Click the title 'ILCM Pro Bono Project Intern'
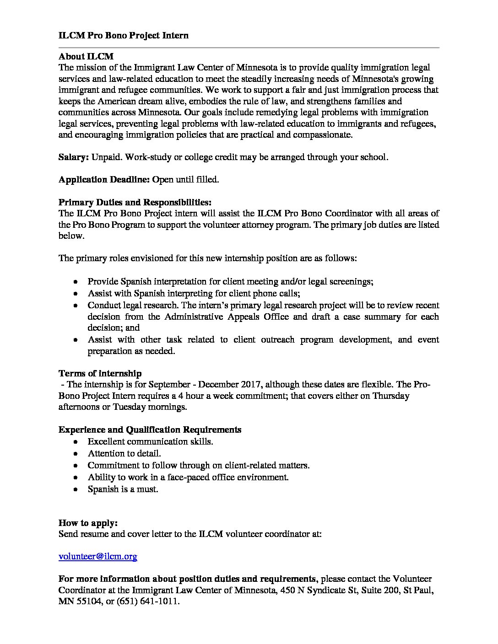click(123, 35)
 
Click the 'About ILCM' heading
click(86, 57)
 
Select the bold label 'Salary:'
click(74, 157)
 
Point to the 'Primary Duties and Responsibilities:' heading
click(135, 202)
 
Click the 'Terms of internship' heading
click(100, 373)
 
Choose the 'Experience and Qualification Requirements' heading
click(150, 429)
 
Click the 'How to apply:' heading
click(88, 523)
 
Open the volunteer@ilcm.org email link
click(98, 556)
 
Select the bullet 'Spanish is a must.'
click(123, 489)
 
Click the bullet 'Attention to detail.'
click(124, 453)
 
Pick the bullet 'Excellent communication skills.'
click(150, 441)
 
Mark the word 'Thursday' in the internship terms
click(391, 396)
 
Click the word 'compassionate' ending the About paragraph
click(324, 135)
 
